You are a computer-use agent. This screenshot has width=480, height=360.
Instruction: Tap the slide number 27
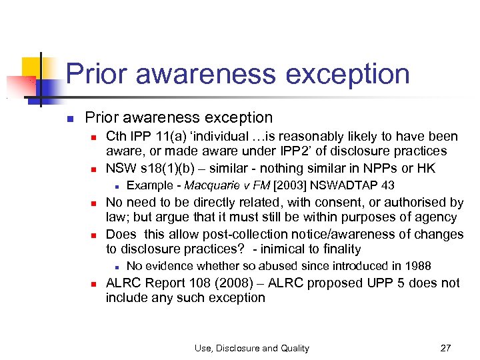pyautogui.click(x=447, y=347)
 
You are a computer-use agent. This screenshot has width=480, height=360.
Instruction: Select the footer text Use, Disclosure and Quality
pyautogui.click(x=251, y=347)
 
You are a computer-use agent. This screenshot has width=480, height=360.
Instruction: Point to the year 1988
pyautogui.click(x=417, y=266)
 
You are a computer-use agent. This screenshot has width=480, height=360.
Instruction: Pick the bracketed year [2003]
pyautogui.click(x=291, y=185)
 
